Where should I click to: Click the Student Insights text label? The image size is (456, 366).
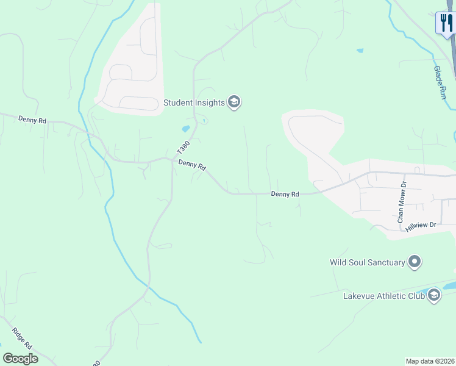coord(194,102)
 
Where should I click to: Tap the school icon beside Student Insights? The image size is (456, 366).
coord(234,102)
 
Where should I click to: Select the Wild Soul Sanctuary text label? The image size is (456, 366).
coord(368,262)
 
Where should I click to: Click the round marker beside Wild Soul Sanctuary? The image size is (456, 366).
coord(415,262)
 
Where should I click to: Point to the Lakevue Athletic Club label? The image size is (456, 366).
coord(383,296)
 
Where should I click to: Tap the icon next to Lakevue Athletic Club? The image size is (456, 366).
coord(433,296)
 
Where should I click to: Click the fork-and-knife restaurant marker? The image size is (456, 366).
coord(445,23)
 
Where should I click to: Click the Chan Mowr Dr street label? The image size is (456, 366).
coord(401,201)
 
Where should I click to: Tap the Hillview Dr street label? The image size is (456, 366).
coord(421,226)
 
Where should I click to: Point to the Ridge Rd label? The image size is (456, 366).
coord(21,339)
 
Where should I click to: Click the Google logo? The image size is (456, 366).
coord(20,359)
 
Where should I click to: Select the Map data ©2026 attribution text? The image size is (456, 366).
coord(430,361)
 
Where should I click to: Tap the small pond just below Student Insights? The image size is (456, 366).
coord(185,129)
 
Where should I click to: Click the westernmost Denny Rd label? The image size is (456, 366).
coord(32,120)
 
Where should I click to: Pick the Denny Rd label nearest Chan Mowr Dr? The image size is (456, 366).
coord(285,194)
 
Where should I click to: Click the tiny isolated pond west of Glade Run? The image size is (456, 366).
coord(360,50)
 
